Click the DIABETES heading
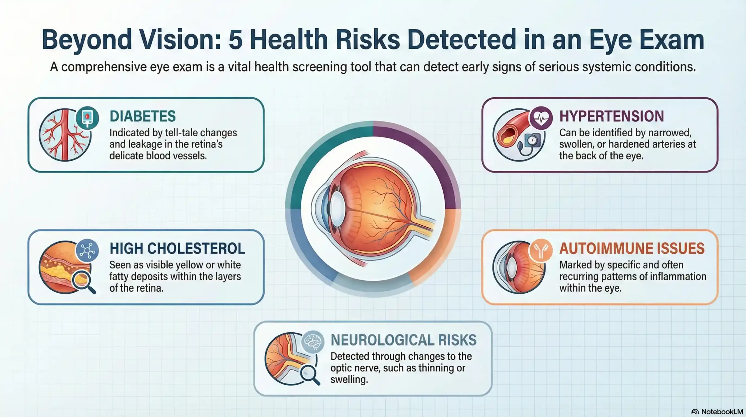142,116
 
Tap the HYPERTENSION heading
611,116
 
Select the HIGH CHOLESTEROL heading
177,248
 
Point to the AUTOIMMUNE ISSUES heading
632,248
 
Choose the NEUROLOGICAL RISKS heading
404,340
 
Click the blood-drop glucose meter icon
87,117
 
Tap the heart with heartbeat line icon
541,118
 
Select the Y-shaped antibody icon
541,250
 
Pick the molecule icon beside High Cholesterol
87,250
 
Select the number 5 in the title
235,40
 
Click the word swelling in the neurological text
349,379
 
